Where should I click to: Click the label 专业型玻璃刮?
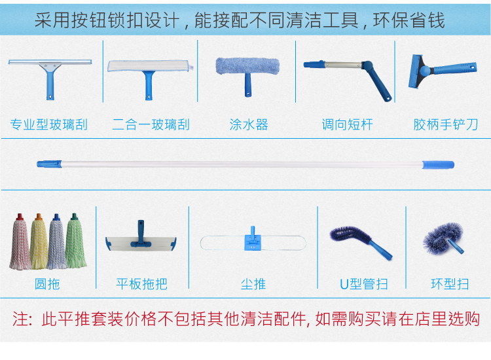point(49,124)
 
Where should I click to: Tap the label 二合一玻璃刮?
point(151,124)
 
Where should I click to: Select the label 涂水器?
point(249,124)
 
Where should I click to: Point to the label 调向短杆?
point(347,124)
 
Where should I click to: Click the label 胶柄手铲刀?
point(446,124)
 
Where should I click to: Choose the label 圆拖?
point(47,284)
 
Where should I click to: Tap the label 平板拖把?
point(141,284)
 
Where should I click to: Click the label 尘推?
point(253,284)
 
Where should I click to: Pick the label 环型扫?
point(450,284)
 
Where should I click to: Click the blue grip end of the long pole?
point(439,165)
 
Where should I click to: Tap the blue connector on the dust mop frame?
point(251,239)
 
